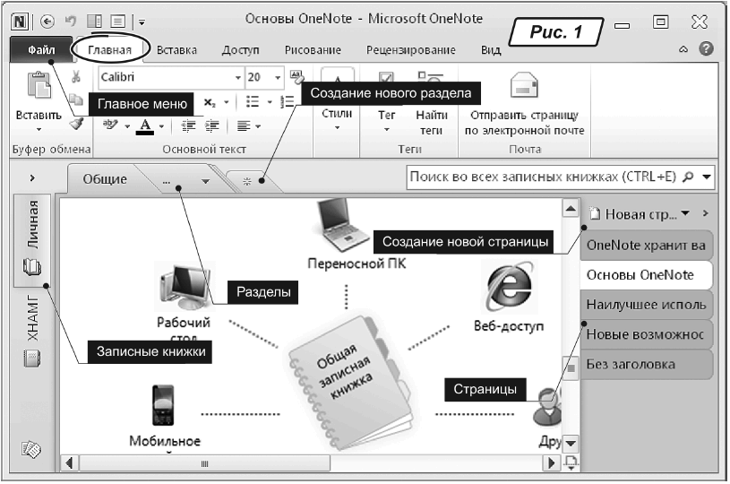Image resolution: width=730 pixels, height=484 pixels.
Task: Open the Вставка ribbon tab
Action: coord(176,51)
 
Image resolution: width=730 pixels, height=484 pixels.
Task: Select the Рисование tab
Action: coord(313,51)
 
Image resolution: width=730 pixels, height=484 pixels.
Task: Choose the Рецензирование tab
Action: coord(411,51)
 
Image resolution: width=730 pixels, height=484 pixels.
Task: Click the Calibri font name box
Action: coord(166,78)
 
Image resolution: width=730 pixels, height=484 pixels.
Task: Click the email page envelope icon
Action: coord(523,88)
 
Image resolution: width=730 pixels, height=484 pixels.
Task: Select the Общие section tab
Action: coord(105,179)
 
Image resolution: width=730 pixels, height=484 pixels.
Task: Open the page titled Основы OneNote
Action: coord(640,274)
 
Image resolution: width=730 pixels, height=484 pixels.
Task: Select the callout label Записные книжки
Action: coord(151,352)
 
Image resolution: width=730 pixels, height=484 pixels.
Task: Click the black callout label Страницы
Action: coord(485,390)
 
